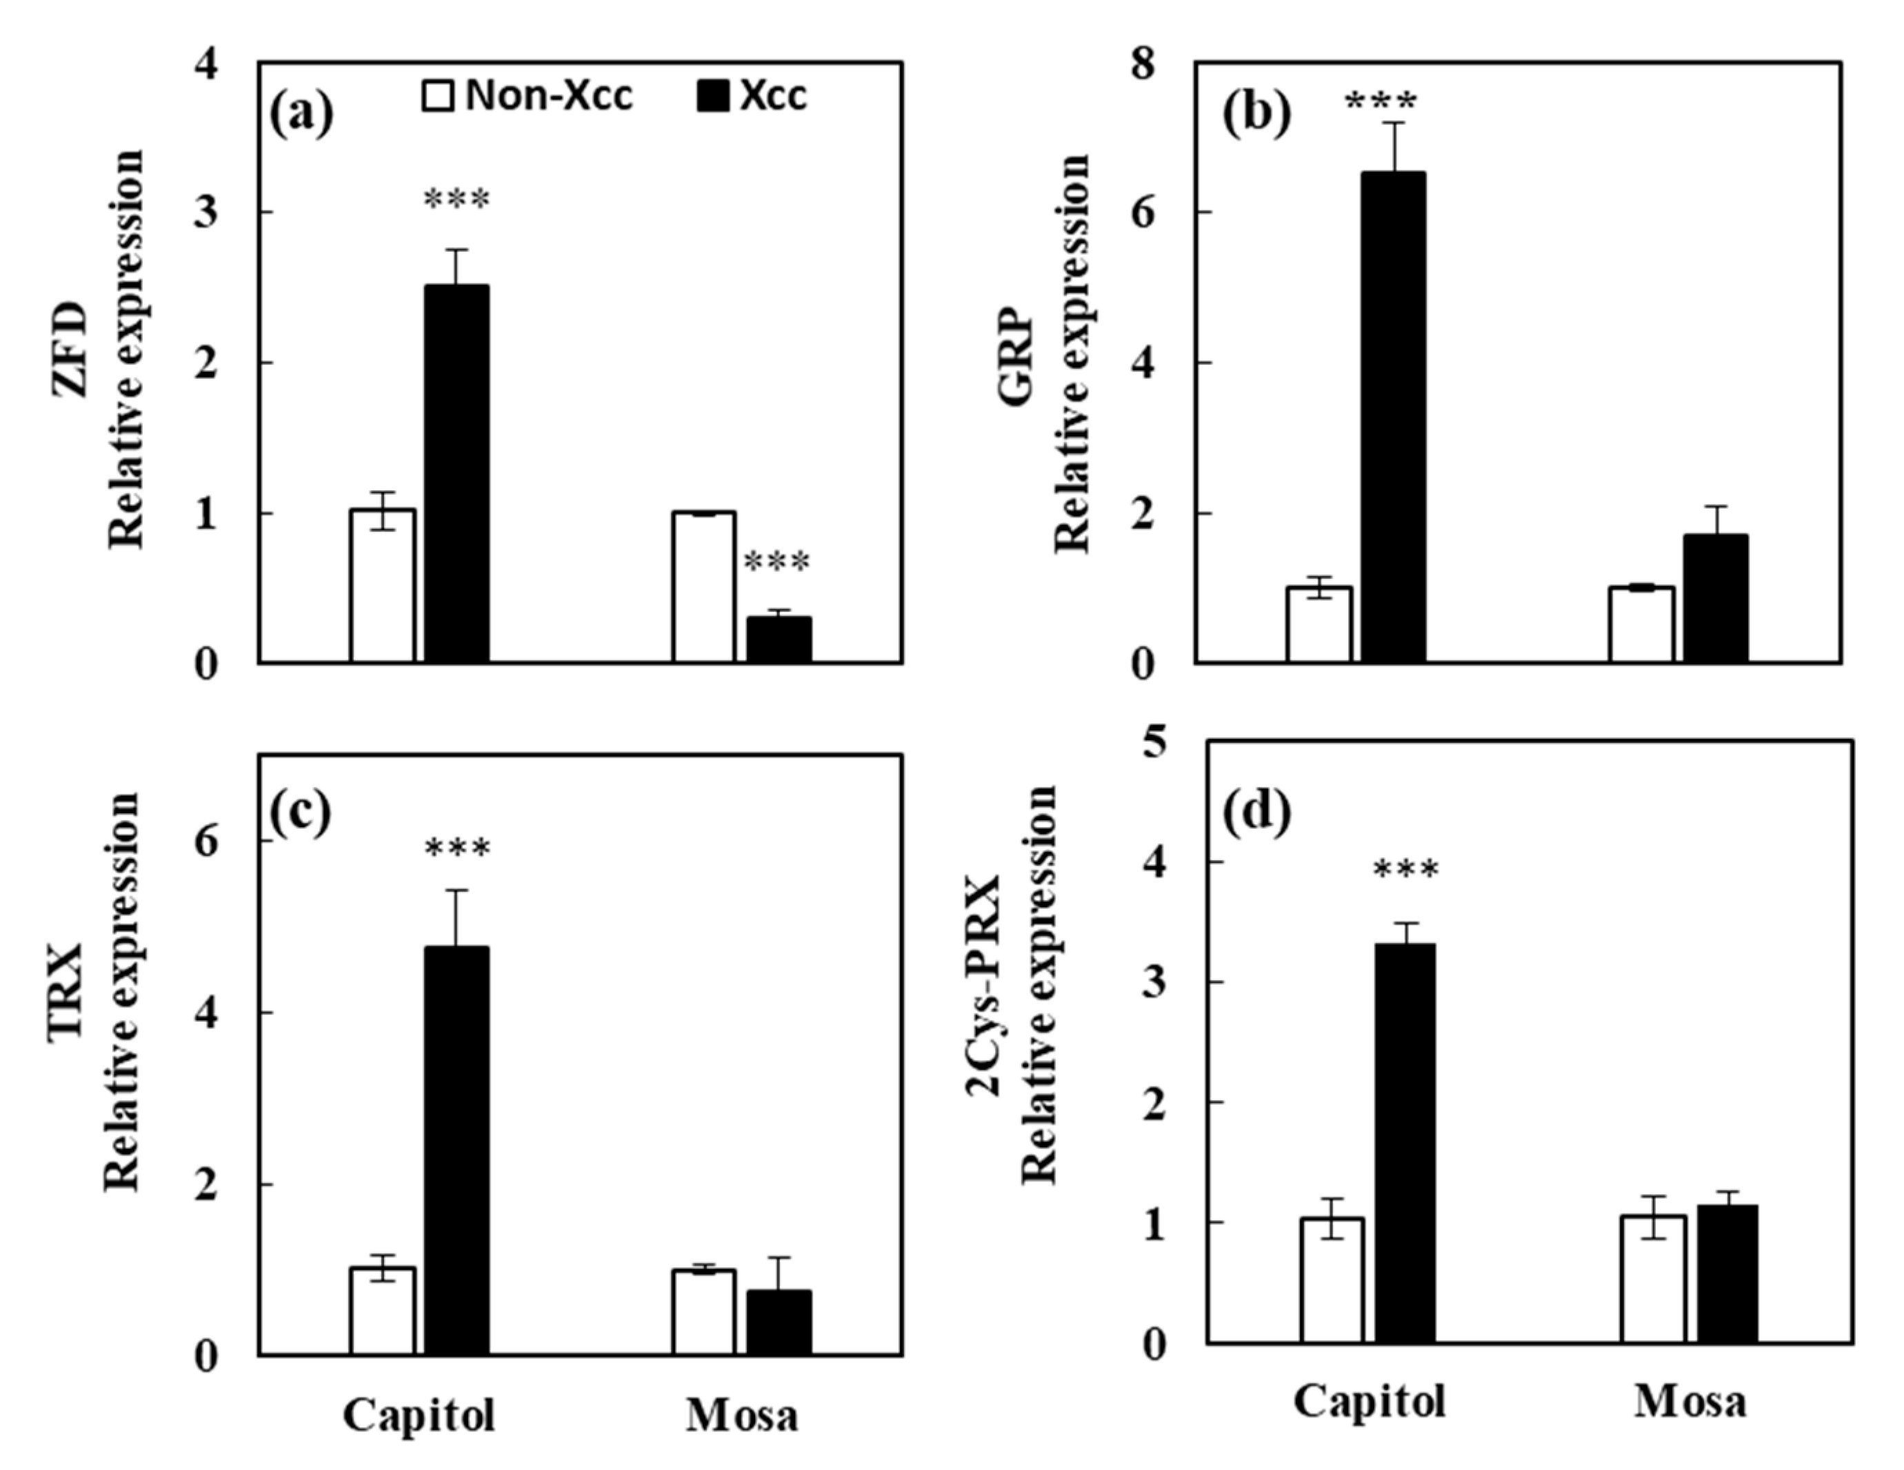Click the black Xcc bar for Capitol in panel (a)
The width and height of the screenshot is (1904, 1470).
click(457, 473)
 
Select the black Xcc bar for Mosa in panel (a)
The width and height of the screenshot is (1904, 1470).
click(779, 640)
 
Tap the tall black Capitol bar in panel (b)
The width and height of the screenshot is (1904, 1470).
click(1393, 417)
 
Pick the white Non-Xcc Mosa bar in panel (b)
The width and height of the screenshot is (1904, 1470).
click(1641, 624)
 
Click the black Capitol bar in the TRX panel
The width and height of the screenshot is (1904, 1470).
click(457, 1150)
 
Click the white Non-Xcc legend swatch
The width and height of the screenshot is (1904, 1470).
click(438, 96)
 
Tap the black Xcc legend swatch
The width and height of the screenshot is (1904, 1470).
click(712, 96)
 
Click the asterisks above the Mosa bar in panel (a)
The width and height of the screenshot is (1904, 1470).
click(776, 562)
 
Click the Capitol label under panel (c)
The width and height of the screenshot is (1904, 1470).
click(419, 1414)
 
